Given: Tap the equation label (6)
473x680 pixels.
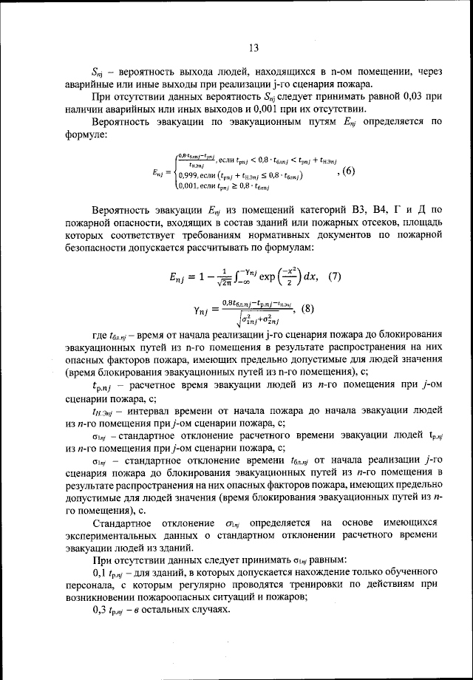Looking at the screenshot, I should [345, 171].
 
